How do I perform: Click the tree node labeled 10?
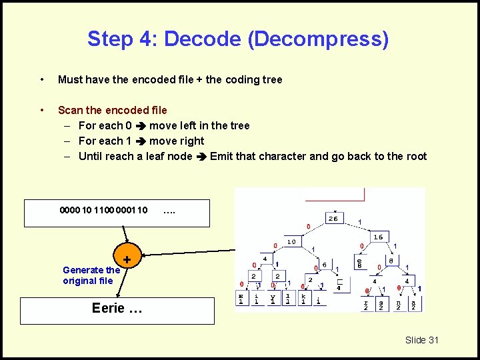click(291, 241)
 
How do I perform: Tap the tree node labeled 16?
click(378, 236)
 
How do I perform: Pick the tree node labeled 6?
click(324, 265)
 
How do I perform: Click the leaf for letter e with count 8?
click(359, 265)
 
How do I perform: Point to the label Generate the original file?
click(91, 275)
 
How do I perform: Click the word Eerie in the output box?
click(108, 307)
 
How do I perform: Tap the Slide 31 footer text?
click(422, 340)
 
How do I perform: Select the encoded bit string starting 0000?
click(103, 211)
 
